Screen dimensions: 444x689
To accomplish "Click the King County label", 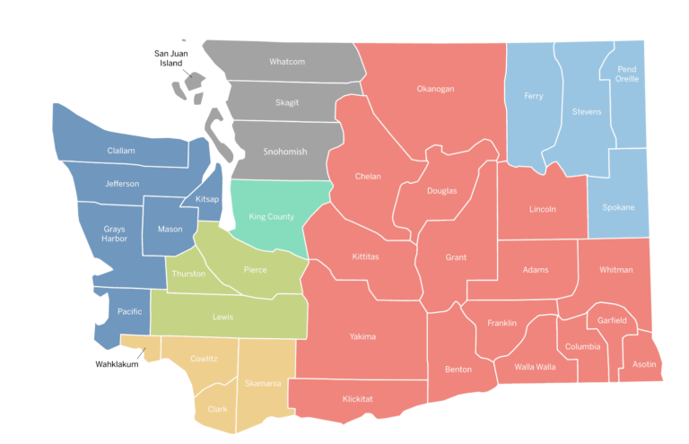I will [x=271, y=216].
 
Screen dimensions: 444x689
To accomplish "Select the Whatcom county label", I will [x=287, y=62].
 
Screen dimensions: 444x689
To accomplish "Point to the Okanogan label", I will [x=435, y=89].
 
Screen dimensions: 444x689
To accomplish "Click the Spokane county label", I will [x=617, y=207].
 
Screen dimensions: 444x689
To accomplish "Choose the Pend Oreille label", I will [x=626, y=74].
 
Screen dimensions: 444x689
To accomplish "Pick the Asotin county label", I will [x=644, y=364].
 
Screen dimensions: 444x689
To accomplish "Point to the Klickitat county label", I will [x=359, y=399].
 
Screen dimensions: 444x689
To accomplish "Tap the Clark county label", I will [x=217, y=408].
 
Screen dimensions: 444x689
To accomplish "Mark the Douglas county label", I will [x=441, y=190].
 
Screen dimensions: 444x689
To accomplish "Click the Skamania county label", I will [x=265, y=384].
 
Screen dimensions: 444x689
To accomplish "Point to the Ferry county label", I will [x=533, y=96].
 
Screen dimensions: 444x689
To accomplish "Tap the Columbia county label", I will [x=582, y=347].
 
